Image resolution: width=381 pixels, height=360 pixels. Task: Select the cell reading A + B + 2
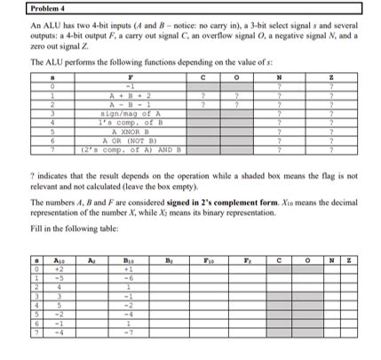coord(121,96)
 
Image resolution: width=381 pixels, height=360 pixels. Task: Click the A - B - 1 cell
coord(121,104)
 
